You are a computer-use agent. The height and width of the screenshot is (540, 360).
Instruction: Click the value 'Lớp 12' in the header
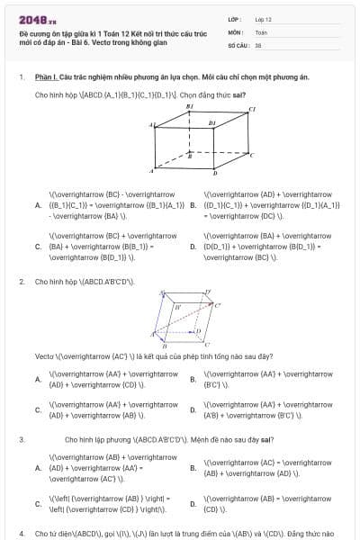coord(263,19)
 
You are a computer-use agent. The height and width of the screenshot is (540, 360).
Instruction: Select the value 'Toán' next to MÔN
coord(261,31)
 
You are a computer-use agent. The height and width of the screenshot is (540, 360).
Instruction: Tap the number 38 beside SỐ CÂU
coord(258,44)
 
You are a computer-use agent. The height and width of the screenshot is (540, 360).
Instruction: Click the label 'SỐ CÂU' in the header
coord(238,44)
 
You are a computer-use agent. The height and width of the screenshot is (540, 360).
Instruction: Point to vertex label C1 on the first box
coord(253,109)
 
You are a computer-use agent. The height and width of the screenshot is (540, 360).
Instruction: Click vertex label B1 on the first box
coord(190,106)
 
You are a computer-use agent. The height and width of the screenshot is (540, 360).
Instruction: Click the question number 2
coord(21,282)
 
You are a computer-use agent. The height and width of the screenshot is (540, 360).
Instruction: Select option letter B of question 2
coord(193,379)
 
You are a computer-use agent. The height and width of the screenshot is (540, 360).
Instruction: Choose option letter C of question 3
coord(38,503)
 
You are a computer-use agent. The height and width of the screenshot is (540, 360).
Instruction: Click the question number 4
coord(21,534)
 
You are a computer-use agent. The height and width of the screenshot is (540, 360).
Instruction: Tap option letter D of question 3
coord(193,503)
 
